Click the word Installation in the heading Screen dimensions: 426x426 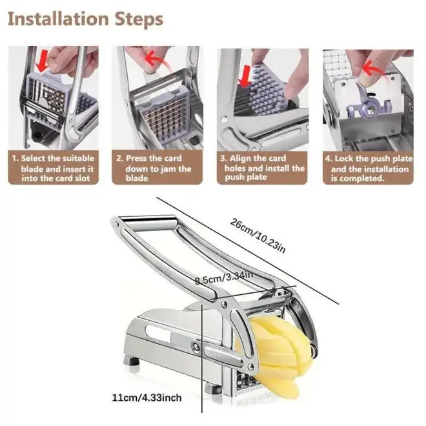click(58, 19)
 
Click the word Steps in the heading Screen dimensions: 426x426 click(139, 20)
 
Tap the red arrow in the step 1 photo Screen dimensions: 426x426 click(42, 62)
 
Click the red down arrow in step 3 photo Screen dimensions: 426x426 click(245, 76)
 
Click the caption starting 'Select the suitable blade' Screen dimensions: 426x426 click(53, 168)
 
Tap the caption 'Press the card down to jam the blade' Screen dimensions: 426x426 click(154, 168)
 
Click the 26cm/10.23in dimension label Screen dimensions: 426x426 click(258, 236)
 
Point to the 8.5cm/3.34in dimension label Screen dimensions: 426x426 click(224, 278)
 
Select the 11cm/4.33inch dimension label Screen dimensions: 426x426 click(147, 398)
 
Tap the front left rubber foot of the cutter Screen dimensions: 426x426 click(132, 361)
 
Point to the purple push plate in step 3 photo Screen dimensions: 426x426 click(268, 88)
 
